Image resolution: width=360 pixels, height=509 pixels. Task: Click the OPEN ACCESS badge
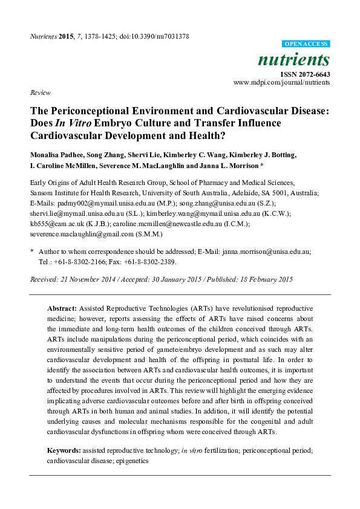pos(306,44)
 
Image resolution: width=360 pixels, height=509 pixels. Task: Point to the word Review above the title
pos(39,92)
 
